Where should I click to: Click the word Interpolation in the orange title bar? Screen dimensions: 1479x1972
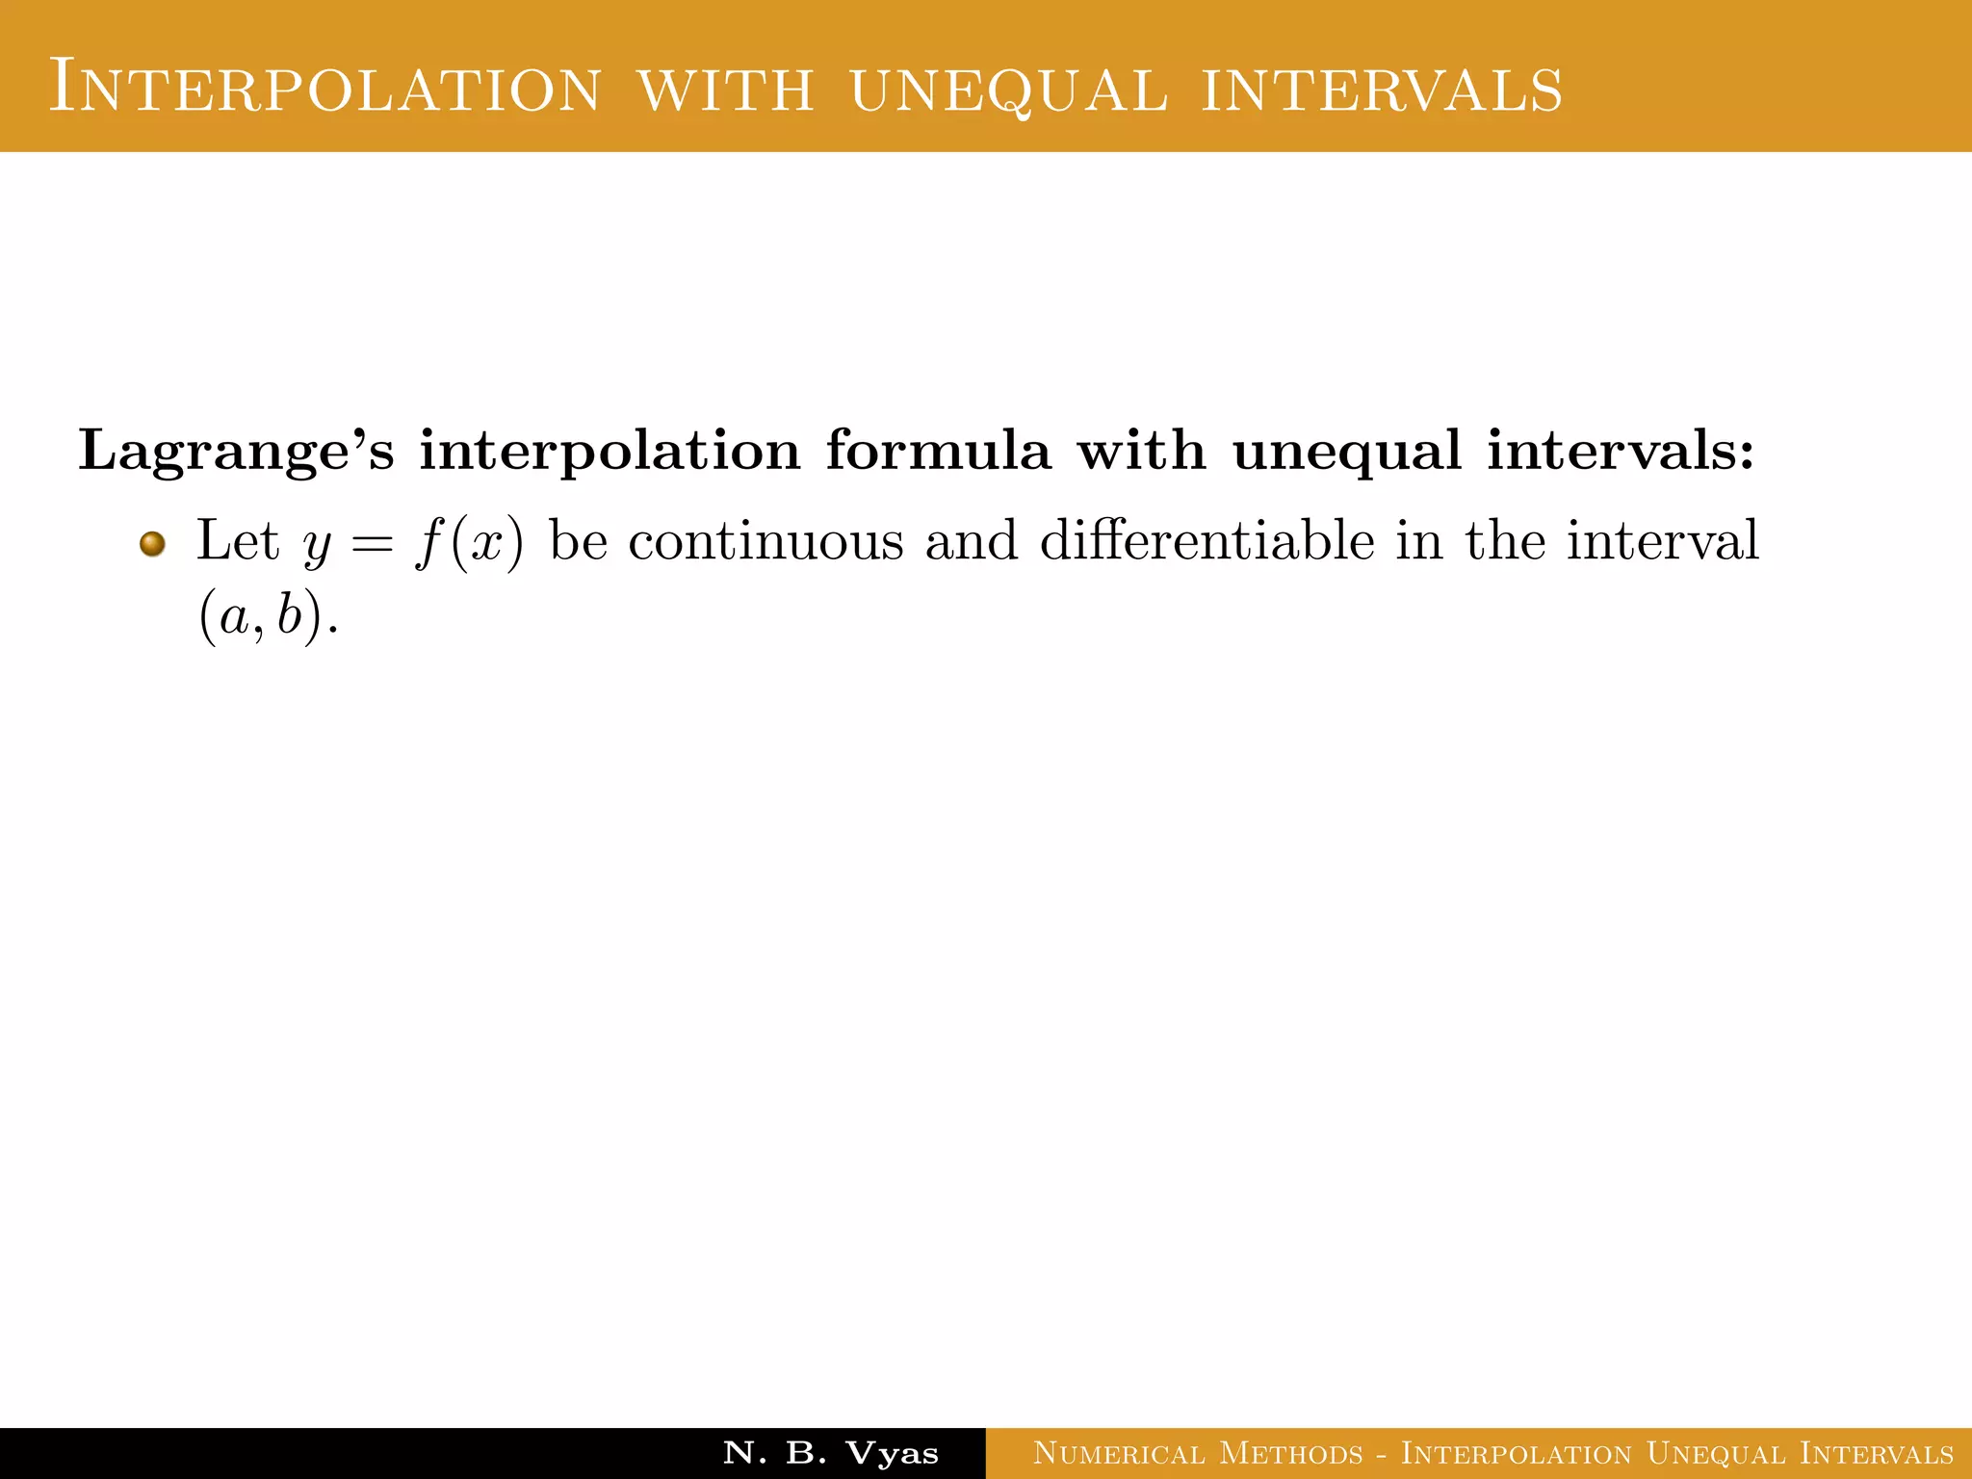click(325, 88)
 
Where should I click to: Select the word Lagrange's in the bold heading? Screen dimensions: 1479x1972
click(236, 451)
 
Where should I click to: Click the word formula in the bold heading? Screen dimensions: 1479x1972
click(938, 450)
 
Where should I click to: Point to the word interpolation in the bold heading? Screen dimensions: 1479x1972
click(610, 451)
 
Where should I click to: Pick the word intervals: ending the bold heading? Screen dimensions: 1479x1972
click(1621, 450)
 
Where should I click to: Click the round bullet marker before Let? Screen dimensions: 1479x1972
click(152, 544)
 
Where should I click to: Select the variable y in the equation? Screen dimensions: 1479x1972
click(317, 545)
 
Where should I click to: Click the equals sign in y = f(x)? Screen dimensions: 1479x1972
click(372, 542)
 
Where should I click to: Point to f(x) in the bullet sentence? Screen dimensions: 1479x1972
click(470, 542)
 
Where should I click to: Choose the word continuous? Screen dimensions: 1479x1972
click(766, 540)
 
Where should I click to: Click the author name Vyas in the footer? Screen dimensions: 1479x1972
click(892, 1453)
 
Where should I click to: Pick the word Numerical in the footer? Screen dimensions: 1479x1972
click(1119, 1453)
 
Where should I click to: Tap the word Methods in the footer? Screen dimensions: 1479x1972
click(1291, 1453)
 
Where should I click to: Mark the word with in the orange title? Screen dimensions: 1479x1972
click(726, 90)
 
